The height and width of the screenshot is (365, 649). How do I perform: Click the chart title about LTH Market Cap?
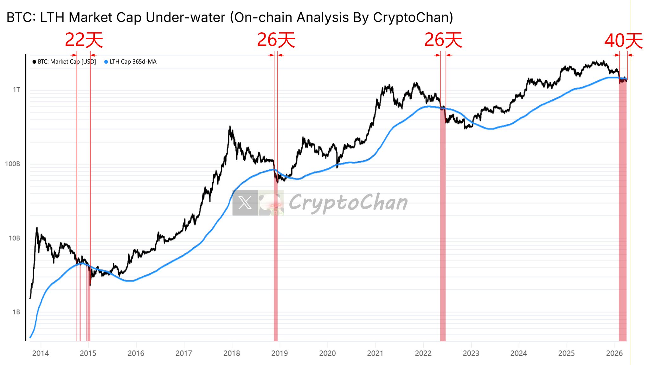(x=230, y=17)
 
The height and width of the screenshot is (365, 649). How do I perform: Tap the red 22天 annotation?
(x=84, y=40)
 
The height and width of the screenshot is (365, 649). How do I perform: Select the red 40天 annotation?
(x=623, y=41)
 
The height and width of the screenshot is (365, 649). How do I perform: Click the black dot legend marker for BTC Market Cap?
(x=34, y=62)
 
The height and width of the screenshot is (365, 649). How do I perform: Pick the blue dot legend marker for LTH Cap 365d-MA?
(x=106, y=62)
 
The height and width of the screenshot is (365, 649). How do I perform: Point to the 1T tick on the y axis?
(x=16, y=90)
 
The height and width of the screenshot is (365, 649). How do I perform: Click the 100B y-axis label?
(x=13, y=164)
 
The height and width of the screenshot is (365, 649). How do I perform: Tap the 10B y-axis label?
(x=14, y=238)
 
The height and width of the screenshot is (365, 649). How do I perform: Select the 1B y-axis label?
(x=16, y=312)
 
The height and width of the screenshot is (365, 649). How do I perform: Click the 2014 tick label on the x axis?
(x=41, y=353)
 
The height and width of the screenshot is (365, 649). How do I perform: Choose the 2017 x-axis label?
(x=184, y=353)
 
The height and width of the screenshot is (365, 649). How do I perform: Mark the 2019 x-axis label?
(x=280, y=353)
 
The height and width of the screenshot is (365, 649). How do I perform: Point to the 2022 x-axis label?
(x=423, y=353)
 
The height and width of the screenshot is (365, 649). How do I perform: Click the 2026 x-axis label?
(x=614, y=353)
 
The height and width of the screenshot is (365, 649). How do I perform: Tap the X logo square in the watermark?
(x=245, y=203)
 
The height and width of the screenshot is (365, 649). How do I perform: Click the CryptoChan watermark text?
(x=348, y=203)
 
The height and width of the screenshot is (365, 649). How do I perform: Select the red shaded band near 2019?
(x=276, y=260)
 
